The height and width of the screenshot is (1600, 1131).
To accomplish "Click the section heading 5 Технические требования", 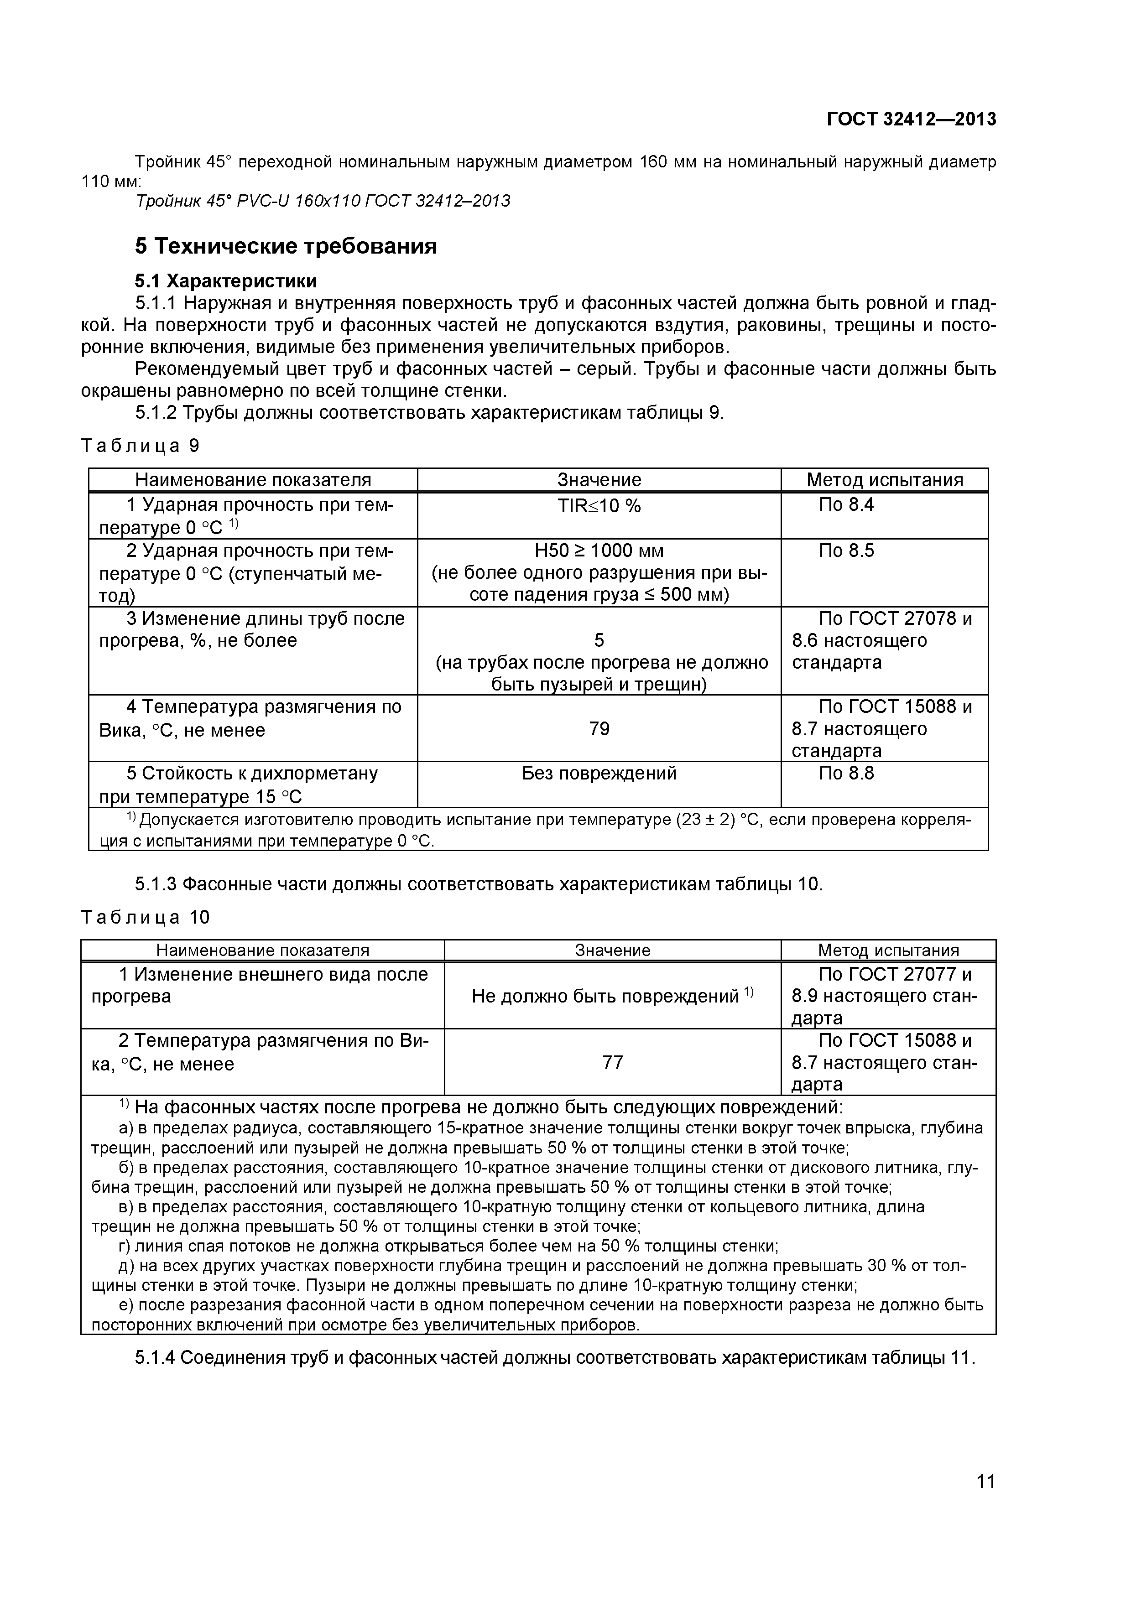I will pos(286,246).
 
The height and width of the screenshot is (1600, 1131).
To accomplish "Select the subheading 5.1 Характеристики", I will pos(226,281).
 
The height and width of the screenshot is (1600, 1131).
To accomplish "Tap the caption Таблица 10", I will pos(145,917).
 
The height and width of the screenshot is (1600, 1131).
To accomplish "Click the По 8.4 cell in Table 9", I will pos(846,504).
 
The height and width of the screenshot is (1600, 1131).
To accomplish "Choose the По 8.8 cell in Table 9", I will pos(846,773).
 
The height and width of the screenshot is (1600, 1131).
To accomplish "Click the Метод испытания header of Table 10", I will pos(888,950).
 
